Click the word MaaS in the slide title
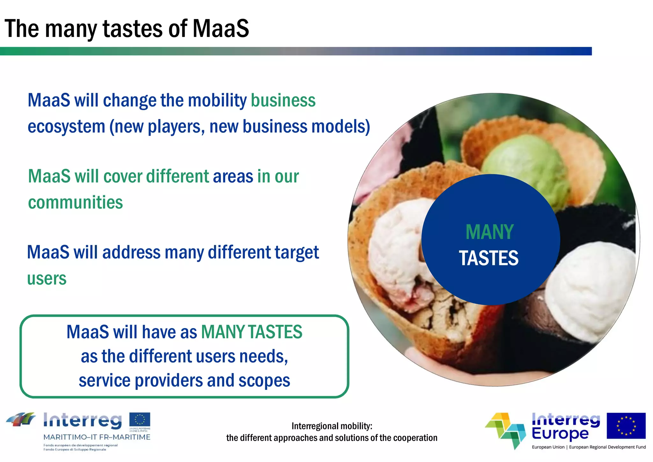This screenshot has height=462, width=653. [221, 29]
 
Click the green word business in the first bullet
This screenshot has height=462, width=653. [283, 101]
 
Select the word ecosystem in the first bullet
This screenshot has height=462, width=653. [66, 127]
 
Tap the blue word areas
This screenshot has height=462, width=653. [233, 176]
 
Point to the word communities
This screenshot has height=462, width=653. [75, 203]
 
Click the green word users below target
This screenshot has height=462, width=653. [47, 279]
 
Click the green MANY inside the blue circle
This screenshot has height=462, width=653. [489, 232]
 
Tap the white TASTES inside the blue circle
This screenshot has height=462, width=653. [488, 258]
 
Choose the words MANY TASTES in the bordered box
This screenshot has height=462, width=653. [251, 332]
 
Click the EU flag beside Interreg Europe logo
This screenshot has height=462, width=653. [626, 426]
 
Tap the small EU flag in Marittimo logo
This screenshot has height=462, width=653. [139, 419]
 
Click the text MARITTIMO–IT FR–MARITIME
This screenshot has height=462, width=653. [97, 437]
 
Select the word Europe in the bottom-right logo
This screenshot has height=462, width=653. [560, 434]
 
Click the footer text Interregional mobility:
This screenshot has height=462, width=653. [332, 426]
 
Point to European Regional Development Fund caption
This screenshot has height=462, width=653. [607, 447]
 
